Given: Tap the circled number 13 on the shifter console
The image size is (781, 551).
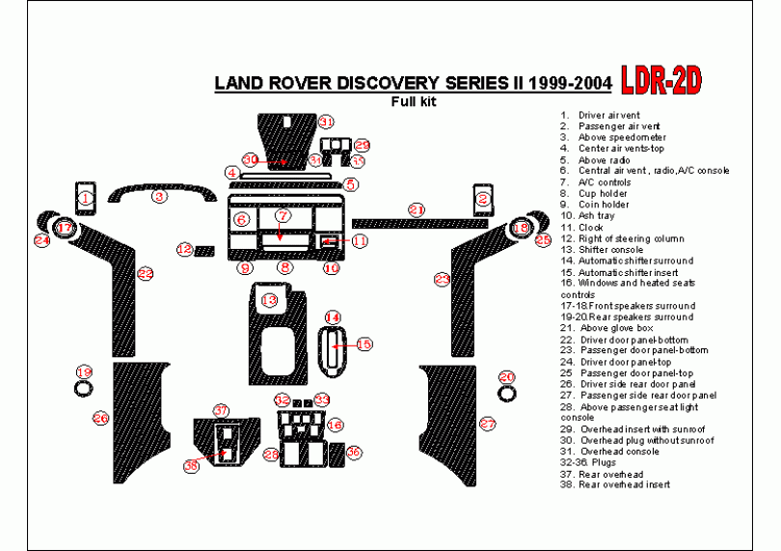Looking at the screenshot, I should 269,301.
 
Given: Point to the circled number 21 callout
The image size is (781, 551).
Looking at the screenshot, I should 417,209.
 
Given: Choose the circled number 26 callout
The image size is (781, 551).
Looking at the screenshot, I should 101,418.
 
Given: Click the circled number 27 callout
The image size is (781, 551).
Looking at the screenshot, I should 488,424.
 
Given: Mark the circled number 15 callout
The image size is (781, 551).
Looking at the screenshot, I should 364,344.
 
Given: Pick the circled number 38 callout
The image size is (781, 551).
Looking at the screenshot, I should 191,466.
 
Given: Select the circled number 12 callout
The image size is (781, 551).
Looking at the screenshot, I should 184,250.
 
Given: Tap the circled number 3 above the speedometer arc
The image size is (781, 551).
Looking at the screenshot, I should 160,197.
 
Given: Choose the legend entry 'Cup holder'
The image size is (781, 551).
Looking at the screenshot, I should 603,194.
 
